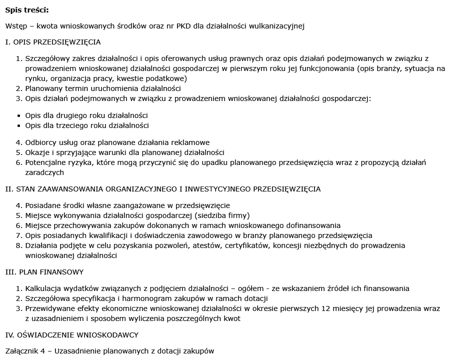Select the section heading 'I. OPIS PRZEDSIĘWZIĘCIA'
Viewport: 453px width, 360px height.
click(x=53, y=42)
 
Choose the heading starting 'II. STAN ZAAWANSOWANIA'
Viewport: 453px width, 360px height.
click(x=163, y=189)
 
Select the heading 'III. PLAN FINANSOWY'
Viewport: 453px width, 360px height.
click(x=44, y=272)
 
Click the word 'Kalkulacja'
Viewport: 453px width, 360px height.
click(x=43, y=288)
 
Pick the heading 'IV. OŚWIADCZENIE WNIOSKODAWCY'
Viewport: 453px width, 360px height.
click(x=71, y=334)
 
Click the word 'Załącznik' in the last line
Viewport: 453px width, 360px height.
click(x=22, y=351)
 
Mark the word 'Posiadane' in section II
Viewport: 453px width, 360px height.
click(x=42, y=205)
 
